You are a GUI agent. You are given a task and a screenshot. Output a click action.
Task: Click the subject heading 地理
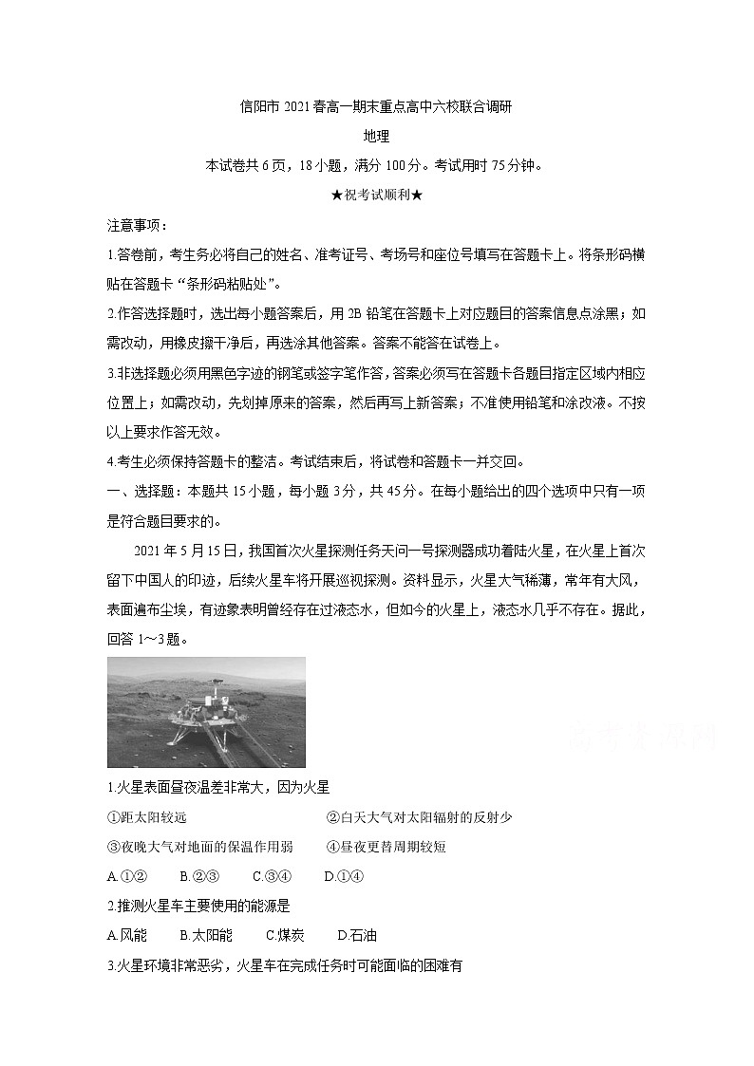tap(377, 136)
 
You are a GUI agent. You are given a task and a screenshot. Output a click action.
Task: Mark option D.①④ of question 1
tap(344, 876)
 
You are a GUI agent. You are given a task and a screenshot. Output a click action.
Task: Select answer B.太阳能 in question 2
tap(206, 935)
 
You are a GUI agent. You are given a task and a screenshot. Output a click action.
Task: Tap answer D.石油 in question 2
tap(357, 935)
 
